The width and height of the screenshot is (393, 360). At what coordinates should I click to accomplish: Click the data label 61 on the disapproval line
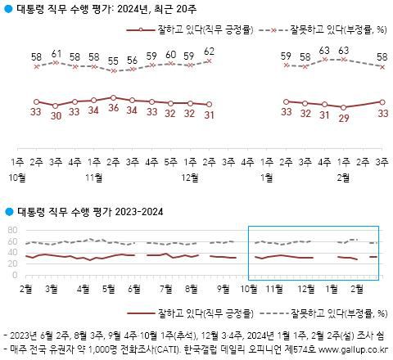click(56, 54)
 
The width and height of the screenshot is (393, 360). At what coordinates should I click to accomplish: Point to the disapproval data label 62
click(210, 52)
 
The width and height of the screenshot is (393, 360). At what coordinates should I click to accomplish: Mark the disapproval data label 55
click(112, 61)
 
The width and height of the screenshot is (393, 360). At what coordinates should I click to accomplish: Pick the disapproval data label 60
click(170, 55)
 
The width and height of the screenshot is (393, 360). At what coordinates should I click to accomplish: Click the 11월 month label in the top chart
click(93, 177)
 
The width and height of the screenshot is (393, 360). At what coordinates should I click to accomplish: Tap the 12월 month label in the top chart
click(190, 177)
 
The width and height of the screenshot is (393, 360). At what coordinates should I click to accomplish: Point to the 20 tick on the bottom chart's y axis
click(11, 263)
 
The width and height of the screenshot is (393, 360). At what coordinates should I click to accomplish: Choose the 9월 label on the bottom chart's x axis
click(224, 288)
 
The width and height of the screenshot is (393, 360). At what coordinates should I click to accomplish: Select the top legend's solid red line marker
click(146, 29)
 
